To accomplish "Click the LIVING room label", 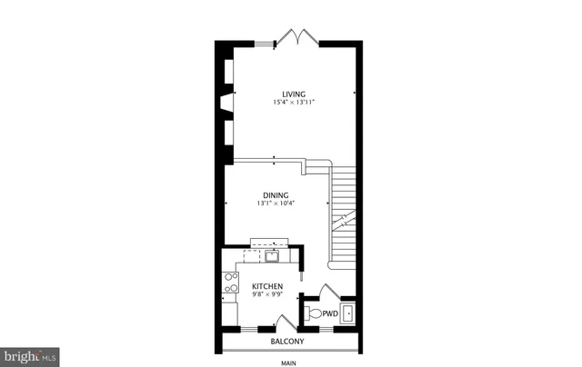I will tap(293, 94).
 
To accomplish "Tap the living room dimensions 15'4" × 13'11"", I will tap(293, 104).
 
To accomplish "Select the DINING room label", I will tap(276, 195).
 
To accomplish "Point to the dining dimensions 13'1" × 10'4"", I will tap(276, 204).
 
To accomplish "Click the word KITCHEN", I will tap(266, 287).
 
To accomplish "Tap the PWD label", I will tap(330, 314).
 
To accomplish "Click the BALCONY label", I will tap(287, 342).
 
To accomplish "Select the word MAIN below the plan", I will tap(288, 363).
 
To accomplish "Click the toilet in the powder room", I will tap(313, 314).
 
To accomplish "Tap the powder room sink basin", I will tap(347, 313).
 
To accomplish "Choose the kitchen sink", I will tap(271, 256).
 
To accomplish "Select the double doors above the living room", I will tap(298, 37).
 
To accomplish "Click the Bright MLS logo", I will tap(30, 356).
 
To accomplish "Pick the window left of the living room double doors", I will tap(266, 43).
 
